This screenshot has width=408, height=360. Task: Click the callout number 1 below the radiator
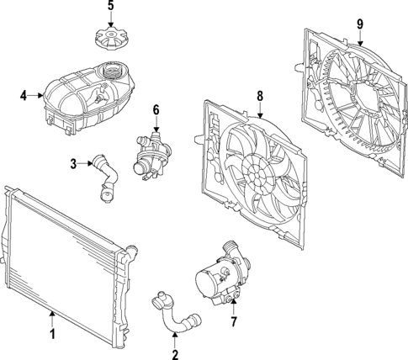click(x=52, y=334)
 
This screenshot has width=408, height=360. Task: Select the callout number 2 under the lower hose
click(x=175, y=355)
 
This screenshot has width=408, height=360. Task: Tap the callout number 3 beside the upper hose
click(x=73, y=164)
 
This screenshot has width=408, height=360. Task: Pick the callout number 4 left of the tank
click(x=24, y=96)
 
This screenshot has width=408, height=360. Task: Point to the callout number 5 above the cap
click(x=111, y=6)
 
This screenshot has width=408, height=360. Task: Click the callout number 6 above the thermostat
click(x=156, y=110)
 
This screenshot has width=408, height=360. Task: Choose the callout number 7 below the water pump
click(x=234, y=321)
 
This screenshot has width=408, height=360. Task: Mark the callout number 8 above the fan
click(x=260, y=96)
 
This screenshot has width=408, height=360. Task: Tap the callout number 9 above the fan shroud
click(x=360, y=24)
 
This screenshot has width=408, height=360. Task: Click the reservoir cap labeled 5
click(x=111, y=39)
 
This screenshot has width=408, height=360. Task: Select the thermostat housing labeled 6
click(x=152, y=156)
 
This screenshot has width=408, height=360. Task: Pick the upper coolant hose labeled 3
click(x=107, y=178)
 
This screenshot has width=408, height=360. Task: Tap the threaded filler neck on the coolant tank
click(x=113, y=70)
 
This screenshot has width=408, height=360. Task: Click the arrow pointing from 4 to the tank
click(x=36, y=96)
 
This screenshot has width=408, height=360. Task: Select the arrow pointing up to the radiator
click(x=52, y=319)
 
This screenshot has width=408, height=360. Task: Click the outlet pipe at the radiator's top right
click(x=130, y=251)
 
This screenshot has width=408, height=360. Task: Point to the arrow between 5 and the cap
click(x=111, y=19)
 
